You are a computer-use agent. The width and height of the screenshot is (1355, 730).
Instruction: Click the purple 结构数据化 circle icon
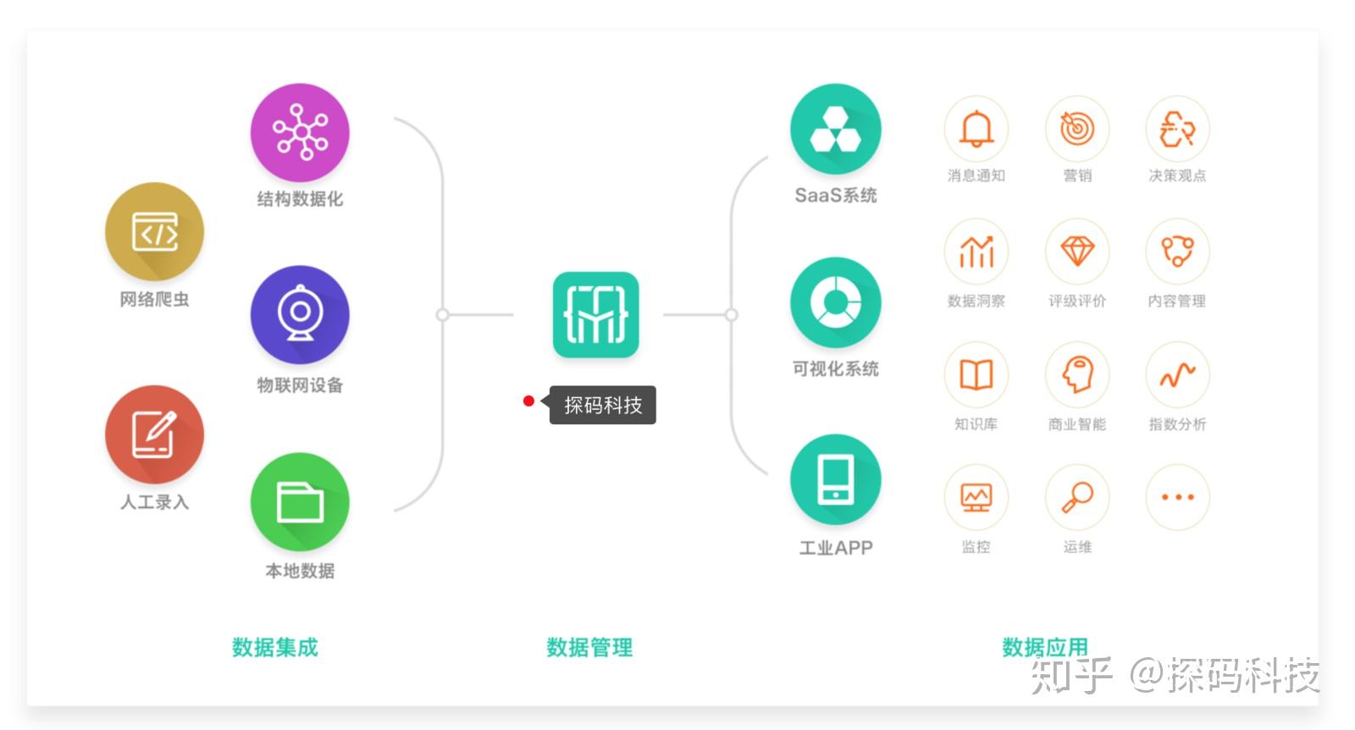click(x=300, y=132)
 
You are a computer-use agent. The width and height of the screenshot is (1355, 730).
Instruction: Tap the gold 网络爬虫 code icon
click(x=154, y=232)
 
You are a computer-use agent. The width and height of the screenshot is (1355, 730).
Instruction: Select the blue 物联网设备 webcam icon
click(x=300, y=314)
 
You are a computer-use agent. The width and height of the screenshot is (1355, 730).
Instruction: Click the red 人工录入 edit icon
click(x=154, y=434)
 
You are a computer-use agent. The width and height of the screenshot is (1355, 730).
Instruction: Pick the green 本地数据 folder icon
click(x=300, y=502)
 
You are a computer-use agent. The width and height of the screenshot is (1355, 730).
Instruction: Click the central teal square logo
click(x=596, y=314)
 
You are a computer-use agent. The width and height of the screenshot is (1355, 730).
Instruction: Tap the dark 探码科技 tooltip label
click(x=602, y=405)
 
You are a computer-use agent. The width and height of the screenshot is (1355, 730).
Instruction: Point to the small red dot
click(x=528, y=401)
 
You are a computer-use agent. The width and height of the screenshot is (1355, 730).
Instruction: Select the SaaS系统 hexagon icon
click(x=835, y=129)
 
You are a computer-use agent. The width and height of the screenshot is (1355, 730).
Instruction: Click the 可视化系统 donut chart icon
click(x=835, y=302)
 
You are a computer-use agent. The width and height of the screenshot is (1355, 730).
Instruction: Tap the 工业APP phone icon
click(x=835, y=479)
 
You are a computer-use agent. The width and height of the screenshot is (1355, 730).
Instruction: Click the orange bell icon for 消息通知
click(x=976, y=129)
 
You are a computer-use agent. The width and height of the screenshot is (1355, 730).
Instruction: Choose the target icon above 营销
click(x=1077, y=129)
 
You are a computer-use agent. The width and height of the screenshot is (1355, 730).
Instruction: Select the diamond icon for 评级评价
click(x=1077, y=252)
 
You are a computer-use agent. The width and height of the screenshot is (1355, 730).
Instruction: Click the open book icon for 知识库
click(x=976, y=374)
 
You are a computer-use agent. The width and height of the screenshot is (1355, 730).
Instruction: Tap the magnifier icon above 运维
click(x=1077, y=497)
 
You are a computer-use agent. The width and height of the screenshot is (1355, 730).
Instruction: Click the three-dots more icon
click(x=1178, y=497)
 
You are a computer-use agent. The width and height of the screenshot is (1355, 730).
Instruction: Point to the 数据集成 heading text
click(x=275, y=647)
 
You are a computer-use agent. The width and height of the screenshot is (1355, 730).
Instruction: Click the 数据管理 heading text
click(x=589, y=647)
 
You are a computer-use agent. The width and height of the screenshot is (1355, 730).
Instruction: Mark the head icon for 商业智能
click(x=1077, y=374)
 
